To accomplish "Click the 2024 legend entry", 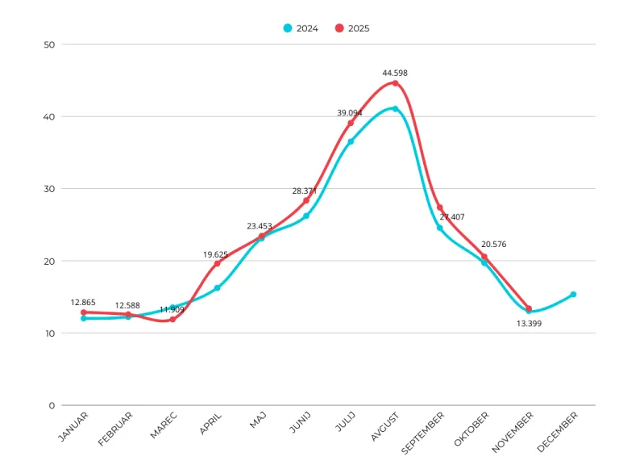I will click(x=301, y=28).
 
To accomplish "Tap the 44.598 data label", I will click(x=395, y=73).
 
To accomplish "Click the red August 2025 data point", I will click(x=395, y=83).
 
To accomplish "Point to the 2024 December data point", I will click(x=573, y=295).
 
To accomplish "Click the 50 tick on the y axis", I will click(x=49, y=44).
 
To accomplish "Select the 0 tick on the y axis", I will click(x=52, y=405).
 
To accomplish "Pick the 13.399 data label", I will click(x=529, y=323).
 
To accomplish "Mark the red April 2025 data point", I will click(x=217, y=264).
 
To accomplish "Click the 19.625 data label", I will click(x=216, y=254).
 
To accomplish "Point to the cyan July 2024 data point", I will click(x=351, y=142).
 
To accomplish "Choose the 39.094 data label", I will click(x=350, y=113).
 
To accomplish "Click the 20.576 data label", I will click(x=493, y=245).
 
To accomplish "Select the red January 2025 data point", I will click(x=84, y=312).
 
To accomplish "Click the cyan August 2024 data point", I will click(x=395, y=109).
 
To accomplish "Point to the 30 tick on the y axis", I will click(x=49, y=189).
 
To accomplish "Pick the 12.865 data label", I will click(x=83, y=303).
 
